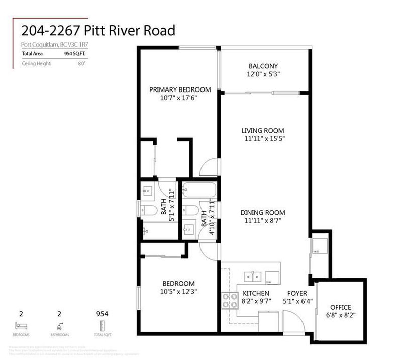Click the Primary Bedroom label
pyautogui.click(x=180, y=89)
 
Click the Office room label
pyautogui.click(x=340, y=307)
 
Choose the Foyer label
pyautogui.click(x=297, y=293)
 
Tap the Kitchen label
pyautogui.click(x=256, y=293)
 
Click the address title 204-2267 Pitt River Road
pyautogui.click(x=98, y=31)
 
